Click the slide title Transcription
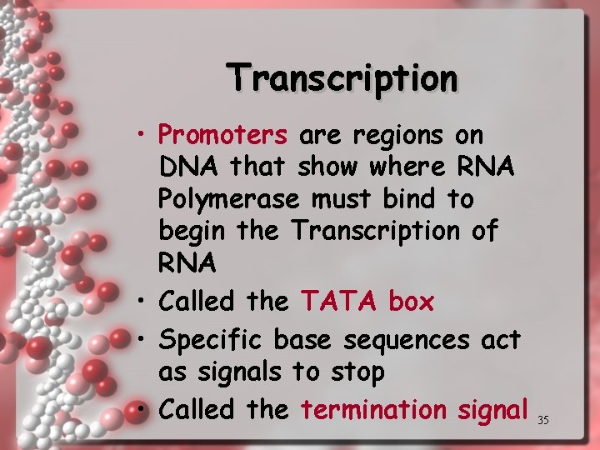pos(342,78)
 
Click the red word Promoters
pos(222,134)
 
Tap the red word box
pos(411,302)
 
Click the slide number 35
pos(543,420)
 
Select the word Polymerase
pos(229,200)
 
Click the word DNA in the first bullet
pos(190,167)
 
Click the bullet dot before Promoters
pos(145,135)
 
